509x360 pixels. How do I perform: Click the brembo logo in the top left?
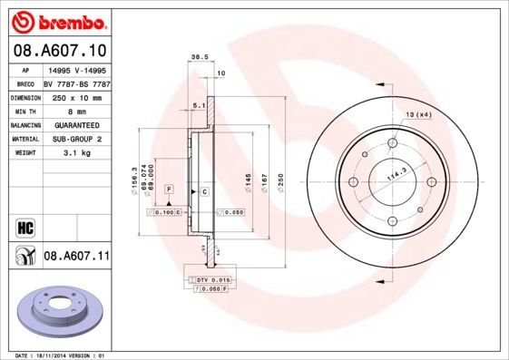[x=57, y=21]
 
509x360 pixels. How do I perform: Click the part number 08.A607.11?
[x=76, y=257]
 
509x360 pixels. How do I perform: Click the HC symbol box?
[x=24, y=227]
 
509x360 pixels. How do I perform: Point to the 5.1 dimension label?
[x=198, y=106]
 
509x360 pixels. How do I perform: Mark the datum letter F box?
[x=169, y=188]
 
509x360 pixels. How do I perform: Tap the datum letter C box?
[x=205, y=191]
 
